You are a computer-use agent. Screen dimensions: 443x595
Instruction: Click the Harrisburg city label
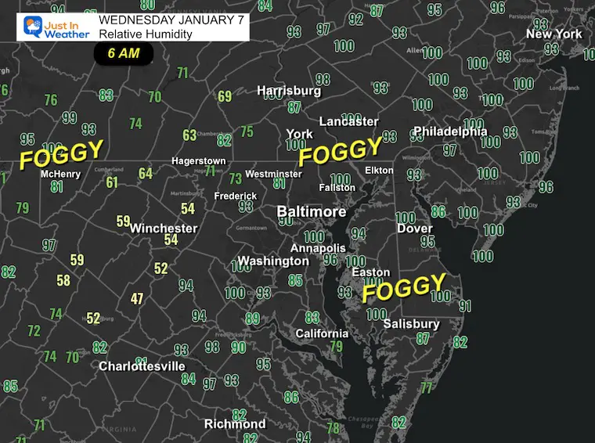[x=289, y=91]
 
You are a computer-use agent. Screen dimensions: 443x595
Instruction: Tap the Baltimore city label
[x=312, y=212]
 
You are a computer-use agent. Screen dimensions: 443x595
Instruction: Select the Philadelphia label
[x=450, y=131]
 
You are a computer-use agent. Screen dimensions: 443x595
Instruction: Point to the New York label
[x=554, y=34]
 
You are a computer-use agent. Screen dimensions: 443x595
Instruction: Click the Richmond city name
[x=235, y=423]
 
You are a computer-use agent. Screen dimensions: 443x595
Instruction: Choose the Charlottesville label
[x=142, y=366]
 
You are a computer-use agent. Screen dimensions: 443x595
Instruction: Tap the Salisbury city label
[x=411, y=324]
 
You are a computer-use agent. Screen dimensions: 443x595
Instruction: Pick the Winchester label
[x=164, y=229]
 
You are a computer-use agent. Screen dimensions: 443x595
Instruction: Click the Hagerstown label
[x=199, y=161]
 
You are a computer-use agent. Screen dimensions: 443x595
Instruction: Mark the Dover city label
[x=414, y=229]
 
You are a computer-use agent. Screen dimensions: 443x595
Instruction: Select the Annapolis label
[x=319, y=248]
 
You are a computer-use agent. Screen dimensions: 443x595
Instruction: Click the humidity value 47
[x=137, y=298]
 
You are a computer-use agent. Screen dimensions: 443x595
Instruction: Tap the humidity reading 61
[x=112, y=182]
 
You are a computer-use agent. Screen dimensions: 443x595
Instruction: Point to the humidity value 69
[x=225, y=96]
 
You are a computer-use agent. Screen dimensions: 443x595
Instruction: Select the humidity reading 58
[x=63, y=280]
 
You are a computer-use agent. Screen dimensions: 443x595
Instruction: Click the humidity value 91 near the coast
[x=465, y=306]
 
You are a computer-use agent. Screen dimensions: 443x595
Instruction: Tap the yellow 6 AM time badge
[x=123, y=54]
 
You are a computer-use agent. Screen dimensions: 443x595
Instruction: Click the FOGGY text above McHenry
[x=61, y=154]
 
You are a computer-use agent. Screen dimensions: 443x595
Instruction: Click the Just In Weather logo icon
[x=33, y=27]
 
